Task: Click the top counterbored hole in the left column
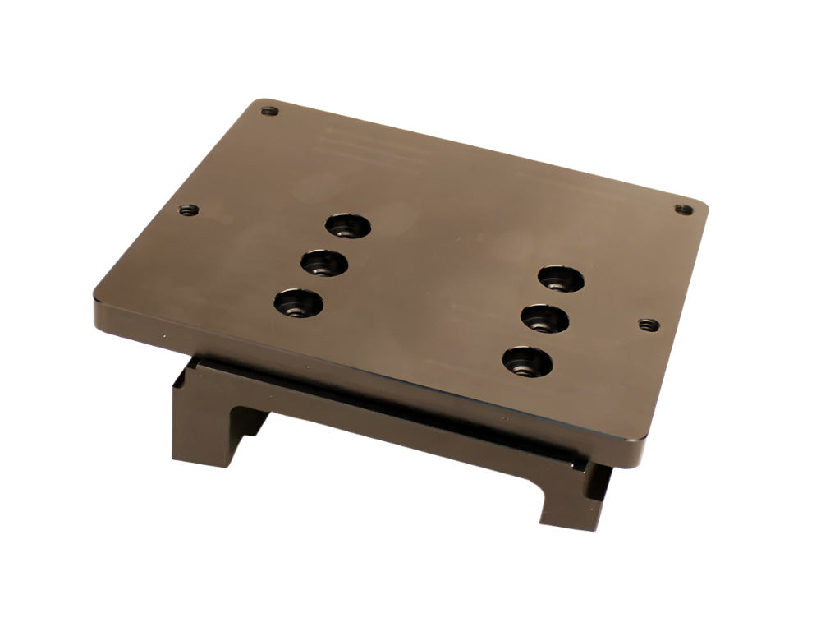pyautogui.click(x=349, y=224)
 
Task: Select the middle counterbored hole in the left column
pyautogui.click(x=324, y=264)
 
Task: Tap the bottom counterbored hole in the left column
pyautogui.click(x=298, y=304)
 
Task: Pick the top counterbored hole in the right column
pyautogui.click(x=562, y=279)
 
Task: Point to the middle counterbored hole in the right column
pyautogui.click(x=544, y=317)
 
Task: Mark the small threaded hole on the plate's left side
pyautogui.click(x=189, y=210)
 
